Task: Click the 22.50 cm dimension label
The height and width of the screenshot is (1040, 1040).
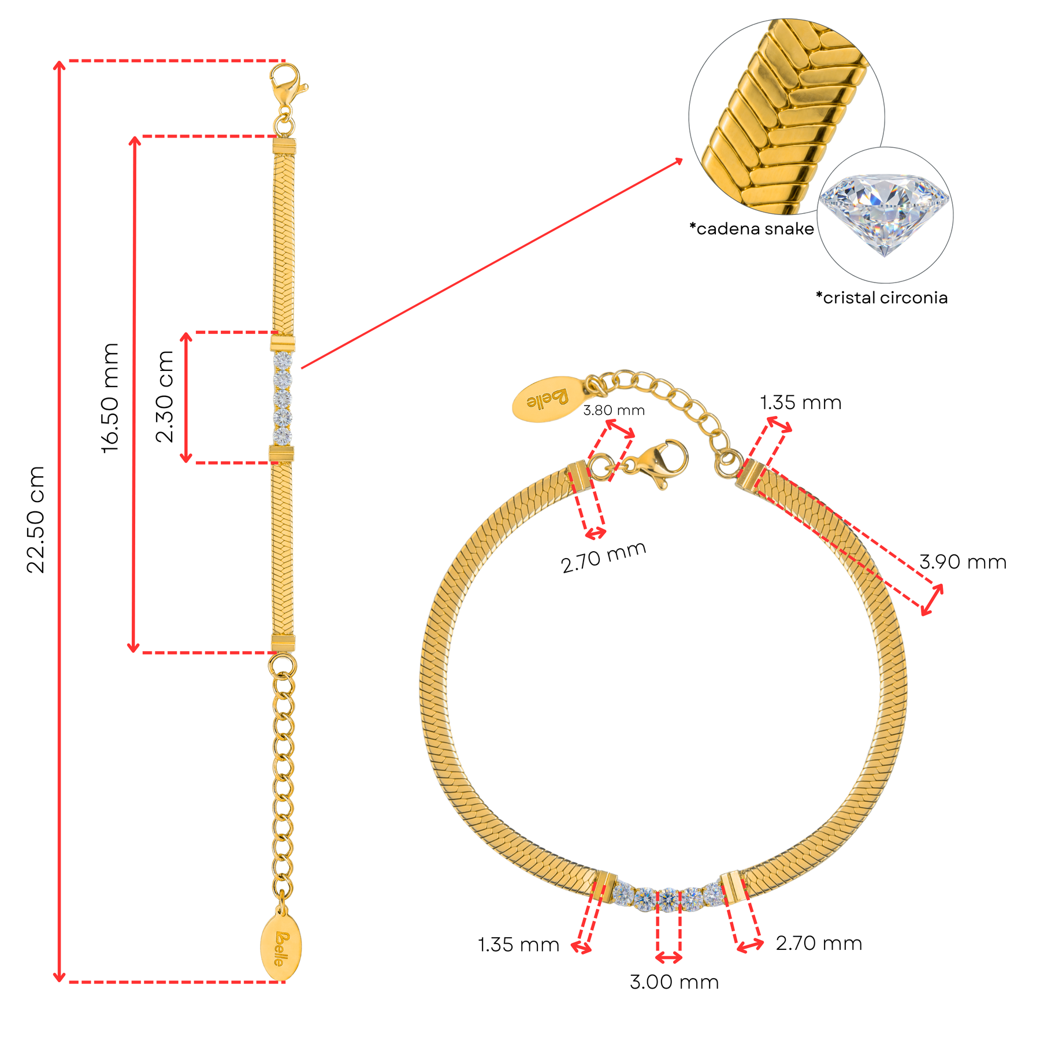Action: coord(36,519)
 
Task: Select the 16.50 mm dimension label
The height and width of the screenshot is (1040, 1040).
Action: coord(110,398)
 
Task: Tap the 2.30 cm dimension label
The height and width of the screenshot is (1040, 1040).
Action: coord(165,396)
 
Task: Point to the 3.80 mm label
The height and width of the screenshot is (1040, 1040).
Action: coord(614,410)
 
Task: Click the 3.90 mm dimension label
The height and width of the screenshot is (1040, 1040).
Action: coord(963,562)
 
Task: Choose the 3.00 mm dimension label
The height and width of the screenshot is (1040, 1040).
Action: coord(674,982)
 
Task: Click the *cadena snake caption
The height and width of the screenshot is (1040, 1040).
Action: coord(752,229)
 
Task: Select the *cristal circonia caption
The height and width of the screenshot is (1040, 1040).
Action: coord(882,298)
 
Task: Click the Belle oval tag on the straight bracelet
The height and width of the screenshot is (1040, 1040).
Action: coord(281,948)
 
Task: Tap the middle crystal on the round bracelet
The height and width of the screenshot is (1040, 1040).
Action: coord(668,899)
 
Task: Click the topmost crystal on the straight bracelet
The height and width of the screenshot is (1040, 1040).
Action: coord(283,361)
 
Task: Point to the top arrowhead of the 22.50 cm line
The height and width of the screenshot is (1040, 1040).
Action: coord(59,65)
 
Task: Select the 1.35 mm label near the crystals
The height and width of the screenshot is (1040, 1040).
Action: coord(519,945)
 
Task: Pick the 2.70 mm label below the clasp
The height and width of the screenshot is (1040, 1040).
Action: coord(604,558)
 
